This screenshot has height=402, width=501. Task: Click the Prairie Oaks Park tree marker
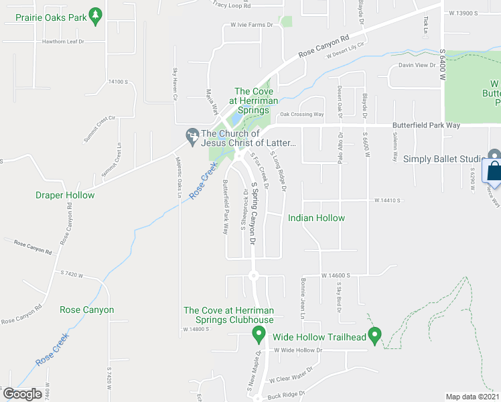[96, 17]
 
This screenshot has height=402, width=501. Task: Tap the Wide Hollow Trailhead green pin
[375, 334]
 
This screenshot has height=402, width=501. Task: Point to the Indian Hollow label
[316, 218]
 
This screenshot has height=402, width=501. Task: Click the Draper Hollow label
[65, 195]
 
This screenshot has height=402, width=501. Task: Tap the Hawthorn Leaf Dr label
[63, 42]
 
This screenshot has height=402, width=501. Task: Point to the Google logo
[21, 394]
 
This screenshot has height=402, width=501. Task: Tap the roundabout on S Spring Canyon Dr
[253, 275]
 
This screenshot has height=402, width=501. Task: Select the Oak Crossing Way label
[301, 115]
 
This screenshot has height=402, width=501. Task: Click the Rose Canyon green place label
[86, 310]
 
